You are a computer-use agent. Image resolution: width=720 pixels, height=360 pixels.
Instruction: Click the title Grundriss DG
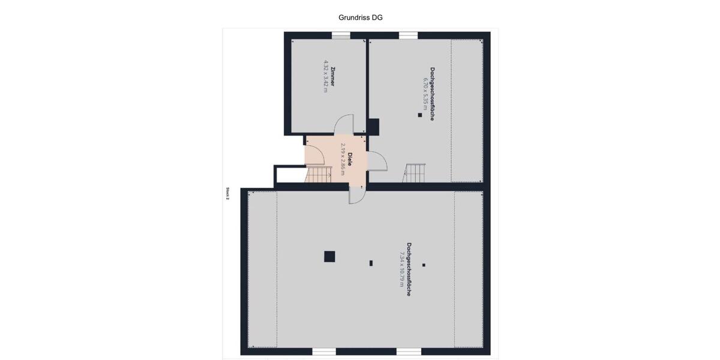pyautogui.click(x=361, y=17)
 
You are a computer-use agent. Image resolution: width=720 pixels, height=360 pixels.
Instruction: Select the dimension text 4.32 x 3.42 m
pyautogui.click(x=326, y=75)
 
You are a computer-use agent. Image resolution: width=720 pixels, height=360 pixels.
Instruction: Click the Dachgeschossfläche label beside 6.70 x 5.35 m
pyautogui.click(x=432, y=93)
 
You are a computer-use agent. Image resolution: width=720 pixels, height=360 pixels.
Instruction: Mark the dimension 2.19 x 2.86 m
pyautogui.click(x=343, y=159)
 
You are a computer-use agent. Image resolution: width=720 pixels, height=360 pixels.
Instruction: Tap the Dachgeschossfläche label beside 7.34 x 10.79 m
pyautogui.click(x=409, y=269)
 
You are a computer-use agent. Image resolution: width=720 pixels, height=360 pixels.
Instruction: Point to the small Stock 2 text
pyautogui.click(x=228, y=193)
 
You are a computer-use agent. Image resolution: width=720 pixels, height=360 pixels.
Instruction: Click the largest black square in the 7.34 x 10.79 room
pyautogui.click(x=329, y=256)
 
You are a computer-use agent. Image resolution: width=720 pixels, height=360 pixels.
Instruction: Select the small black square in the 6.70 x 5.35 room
pyautogui.click(x=420, y=115)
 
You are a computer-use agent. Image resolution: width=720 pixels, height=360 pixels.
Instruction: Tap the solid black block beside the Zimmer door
pyautogui.click(x=373, y=127)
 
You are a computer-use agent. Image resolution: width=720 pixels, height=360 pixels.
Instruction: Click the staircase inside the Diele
pyautogui.click(x=319, y=175)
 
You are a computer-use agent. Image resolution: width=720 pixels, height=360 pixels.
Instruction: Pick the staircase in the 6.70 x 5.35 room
pyautogui.click(x=414, y=173)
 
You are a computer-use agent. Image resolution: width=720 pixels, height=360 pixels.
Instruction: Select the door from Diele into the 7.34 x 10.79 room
pyautogui.click(x=356, y=196)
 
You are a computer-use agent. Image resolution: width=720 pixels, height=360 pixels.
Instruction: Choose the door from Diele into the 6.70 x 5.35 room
pyautogui.click(x=376, y=161)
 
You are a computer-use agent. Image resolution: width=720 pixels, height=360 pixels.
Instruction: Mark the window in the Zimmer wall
pyautogui.click(x=341, y=35)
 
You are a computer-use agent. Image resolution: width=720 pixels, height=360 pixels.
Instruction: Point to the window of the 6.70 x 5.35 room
pyautogui.click(x=408, y=35)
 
